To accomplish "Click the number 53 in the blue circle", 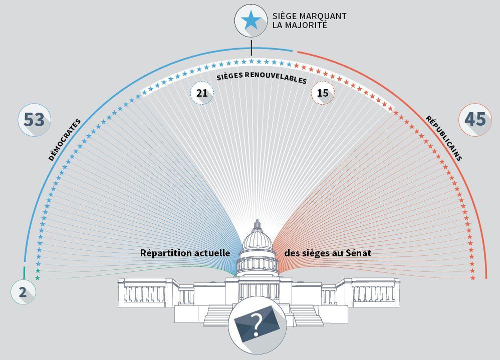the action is [34, 120].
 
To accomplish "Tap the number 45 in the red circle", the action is [475, 119].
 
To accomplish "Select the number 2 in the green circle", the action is [23, 292].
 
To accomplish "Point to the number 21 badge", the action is [202, 93].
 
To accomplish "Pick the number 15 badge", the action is [323, 93].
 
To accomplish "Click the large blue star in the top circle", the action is [251, 21].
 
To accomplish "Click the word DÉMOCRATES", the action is [65, 140].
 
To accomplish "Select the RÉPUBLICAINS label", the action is [444, 138].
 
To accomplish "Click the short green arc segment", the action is [24, 272].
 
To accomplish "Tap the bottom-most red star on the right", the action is [472, 278].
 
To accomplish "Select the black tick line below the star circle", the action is [251, 48].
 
